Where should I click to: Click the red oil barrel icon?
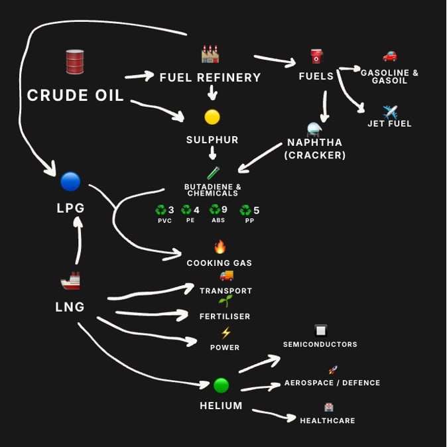point(75,62)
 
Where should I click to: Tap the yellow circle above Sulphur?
point(212,117)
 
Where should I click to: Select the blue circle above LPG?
point(70,181)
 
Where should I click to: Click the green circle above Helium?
point(221,385)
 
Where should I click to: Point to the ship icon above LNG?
point(70,281)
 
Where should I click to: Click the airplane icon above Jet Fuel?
point(390,111)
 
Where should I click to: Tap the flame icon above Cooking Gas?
point(220,247)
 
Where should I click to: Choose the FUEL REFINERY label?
point(210,78)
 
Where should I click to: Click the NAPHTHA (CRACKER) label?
point(315,149)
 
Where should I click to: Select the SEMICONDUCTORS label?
point(320,344)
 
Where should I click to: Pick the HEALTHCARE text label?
point(327,420)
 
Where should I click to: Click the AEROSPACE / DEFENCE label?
point(332,383)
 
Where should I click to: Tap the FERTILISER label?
point(225,316)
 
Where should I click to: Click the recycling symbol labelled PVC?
point(160,211)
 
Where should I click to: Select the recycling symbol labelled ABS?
point(215,210)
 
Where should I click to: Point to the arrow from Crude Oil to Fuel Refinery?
point(139,76)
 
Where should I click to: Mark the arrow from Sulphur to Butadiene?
point(212,153)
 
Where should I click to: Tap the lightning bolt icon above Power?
point(225,333)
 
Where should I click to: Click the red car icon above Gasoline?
point(389,56)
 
